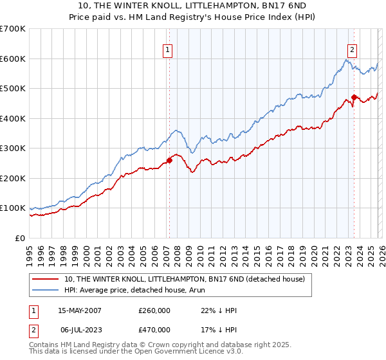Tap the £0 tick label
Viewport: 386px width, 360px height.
tap(20, 238)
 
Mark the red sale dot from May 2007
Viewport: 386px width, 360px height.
tap(169, 160)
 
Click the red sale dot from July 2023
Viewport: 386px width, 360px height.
tap(354, 98)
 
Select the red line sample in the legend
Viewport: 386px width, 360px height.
tap(46, 278)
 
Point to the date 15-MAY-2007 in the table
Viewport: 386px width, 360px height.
tap(80, 310)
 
